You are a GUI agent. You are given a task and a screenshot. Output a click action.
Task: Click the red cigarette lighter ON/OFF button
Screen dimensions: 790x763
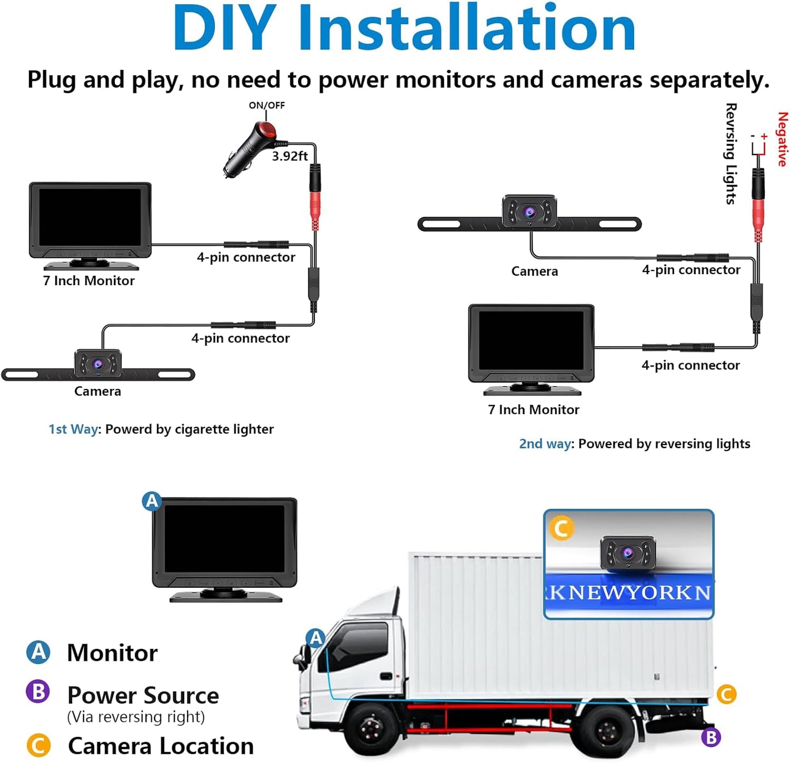point(267,130)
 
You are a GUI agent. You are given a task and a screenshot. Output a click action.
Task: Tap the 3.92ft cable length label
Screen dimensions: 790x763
point(290,156)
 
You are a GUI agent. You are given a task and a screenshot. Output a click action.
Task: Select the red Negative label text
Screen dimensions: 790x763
point(782,139)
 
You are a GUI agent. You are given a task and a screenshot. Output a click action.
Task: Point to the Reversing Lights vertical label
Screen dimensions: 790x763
point(731,154)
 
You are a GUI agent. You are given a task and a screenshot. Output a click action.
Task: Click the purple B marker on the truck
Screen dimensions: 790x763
point(711,737)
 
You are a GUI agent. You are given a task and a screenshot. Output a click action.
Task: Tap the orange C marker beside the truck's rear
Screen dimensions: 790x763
point(727,694)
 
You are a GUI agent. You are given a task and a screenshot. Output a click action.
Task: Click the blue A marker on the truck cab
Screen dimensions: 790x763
point(316,638)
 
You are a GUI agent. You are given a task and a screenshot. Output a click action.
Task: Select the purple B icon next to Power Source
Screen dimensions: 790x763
point(38,691)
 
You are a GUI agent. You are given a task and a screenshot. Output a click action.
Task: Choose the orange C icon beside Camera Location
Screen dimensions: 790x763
point(38,746)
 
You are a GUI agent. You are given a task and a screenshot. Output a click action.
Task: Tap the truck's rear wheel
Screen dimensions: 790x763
point(607,730)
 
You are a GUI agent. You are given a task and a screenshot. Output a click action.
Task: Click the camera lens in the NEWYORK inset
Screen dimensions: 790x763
point(628,553)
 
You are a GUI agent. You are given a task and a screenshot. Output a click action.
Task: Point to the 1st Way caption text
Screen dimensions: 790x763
point(161,429)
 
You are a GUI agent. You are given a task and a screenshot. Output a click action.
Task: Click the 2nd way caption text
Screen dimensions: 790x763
point(634,443)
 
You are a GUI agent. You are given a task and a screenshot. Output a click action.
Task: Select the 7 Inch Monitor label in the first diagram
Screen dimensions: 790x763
point(89,281)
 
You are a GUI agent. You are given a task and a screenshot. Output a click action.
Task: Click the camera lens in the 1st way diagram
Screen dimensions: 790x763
point(98,364)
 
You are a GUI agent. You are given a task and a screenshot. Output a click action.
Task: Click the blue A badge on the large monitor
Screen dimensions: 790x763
point(151,501)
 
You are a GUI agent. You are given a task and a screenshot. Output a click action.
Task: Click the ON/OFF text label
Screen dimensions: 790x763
point(267,105)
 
